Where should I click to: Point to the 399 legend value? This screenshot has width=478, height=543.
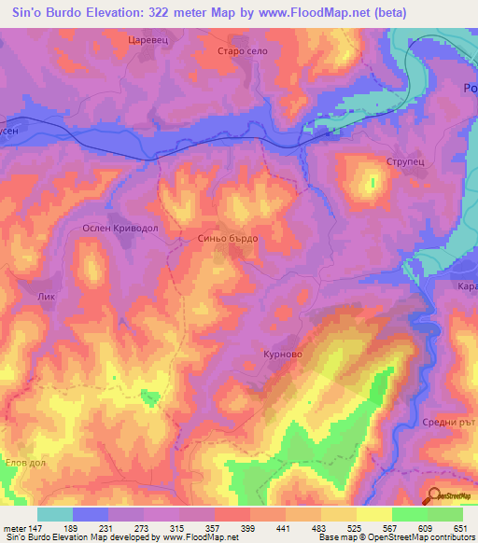tap(247, 528)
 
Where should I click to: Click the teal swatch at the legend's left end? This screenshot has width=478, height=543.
tap(54, 514)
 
